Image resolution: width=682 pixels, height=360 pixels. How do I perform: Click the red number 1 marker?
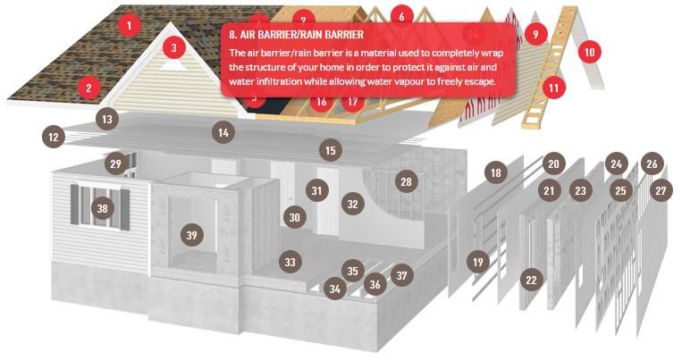tap(130, 25)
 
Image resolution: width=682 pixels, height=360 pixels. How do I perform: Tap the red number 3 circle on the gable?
tap(174, 47)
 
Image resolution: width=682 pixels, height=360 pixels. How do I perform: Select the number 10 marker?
tap(589, 52)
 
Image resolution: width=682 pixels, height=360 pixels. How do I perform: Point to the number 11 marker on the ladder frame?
tap(553, 88)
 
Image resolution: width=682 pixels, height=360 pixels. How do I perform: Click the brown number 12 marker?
tap(54, 138)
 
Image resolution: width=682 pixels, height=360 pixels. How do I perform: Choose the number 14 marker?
tap(223, 132)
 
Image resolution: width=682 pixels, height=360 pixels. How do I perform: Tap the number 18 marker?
tap(496, 173)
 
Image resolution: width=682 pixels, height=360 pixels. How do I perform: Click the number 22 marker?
tap(531, 280)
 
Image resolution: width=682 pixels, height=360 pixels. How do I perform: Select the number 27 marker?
tap(661, 190)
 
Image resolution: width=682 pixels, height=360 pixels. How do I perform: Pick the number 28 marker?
tap(406, 181)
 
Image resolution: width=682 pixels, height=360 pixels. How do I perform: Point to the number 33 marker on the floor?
tap(290, 262)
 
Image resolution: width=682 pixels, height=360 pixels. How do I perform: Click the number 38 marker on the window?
tap(102, 208)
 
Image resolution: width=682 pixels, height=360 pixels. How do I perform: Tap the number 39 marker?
tap(192, 235)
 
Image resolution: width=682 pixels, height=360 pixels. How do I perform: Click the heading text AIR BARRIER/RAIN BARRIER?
tap(296, 34)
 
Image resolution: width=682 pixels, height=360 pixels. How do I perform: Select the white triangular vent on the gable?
tap(173, 65)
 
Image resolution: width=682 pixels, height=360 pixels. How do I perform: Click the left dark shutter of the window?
tap(75, 205)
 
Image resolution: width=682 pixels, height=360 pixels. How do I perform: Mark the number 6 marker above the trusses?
tap(401, 16)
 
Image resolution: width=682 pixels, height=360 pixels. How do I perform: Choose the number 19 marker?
tap(478, 262)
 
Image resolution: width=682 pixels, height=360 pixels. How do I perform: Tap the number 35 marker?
tap(353, 271)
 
